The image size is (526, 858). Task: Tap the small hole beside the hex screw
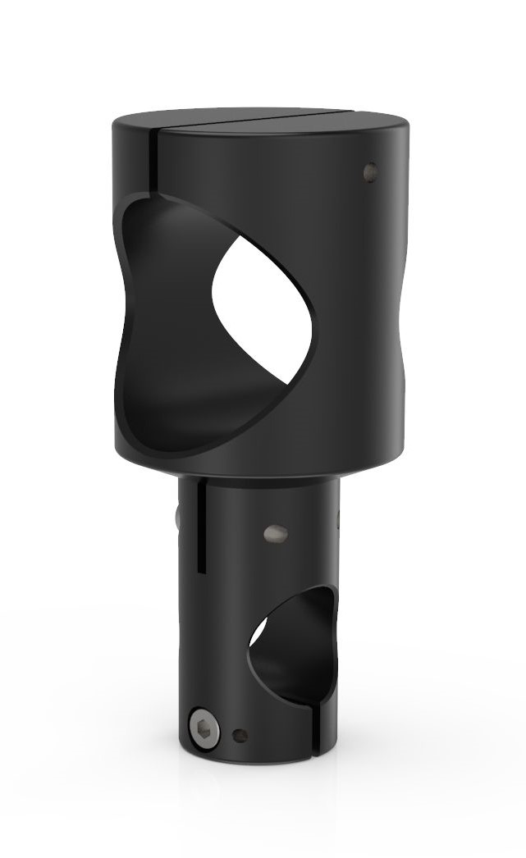pyautogui.click(x=240, y=734)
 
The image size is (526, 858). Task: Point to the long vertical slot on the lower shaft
pyautogui.click(x=199, y=525)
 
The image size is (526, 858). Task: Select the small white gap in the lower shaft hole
pyautogui.click(x=258, y=632)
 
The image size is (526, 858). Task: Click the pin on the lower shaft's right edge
pyautogui.click(x=339, y=518)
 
